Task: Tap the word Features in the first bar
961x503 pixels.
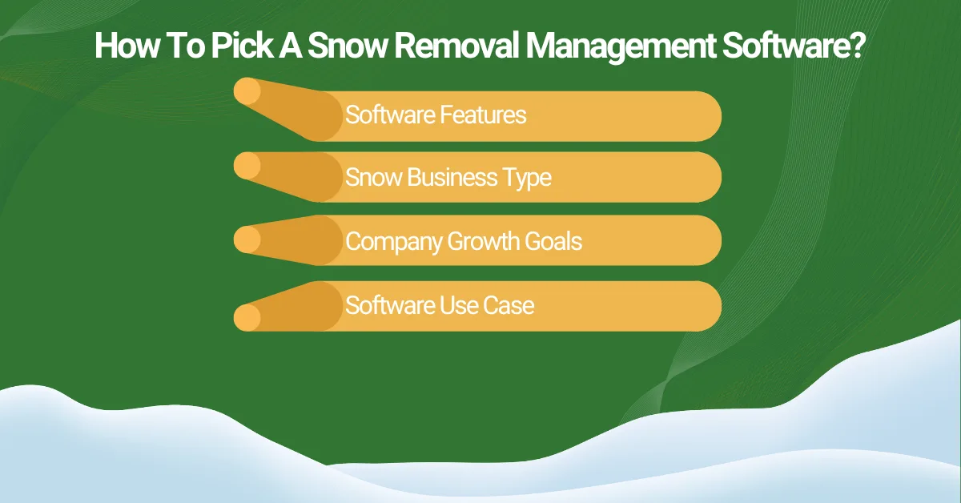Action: [484, 115]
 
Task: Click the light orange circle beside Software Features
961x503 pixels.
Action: [247, 91]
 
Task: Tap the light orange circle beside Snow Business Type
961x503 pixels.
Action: [247, 166]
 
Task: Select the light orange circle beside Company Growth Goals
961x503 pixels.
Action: [247, 239]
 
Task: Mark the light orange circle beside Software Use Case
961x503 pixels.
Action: [247, 318]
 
